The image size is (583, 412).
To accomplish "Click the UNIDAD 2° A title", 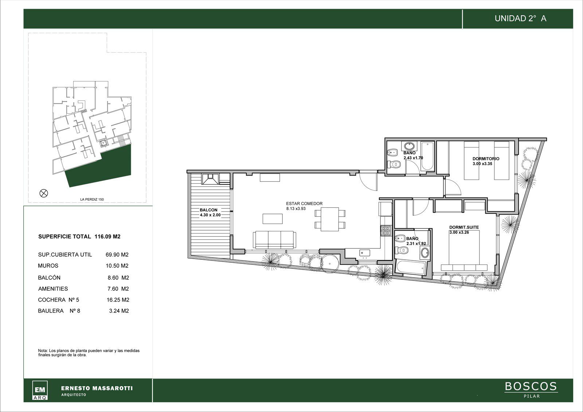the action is coord(521,19).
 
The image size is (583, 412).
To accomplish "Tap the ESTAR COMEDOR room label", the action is coord(304,204).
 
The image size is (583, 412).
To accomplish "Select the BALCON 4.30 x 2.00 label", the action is coord(210,212).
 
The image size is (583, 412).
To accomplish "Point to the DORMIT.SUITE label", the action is coord(464,227).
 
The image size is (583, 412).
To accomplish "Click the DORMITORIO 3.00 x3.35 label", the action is coord(486,161).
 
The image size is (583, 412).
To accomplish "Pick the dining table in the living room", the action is coord(330,219).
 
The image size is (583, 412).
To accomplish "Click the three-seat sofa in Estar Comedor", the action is coord(274,240).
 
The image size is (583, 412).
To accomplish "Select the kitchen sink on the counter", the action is coord(365,253).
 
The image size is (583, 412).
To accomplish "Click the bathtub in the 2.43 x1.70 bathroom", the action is coord(427,156).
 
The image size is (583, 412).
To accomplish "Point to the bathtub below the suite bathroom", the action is coord(411,267).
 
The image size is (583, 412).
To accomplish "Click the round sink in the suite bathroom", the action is coord(425,253).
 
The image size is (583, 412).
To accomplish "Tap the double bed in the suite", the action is coord(464,250).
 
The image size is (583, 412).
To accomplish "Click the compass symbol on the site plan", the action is coord(43,193).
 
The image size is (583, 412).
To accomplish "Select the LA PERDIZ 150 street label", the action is coord(92,199).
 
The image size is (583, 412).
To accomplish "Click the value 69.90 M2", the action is coord(117,255).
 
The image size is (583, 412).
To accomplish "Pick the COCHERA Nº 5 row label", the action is coord(58,299).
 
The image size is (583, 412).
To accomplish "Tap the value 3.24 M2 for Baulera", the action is coord(119,310).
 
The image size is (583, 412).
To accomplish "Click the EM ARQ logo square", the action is coord(40,390).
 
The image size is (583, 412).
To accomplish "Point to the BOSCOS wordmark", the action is coord(531,386).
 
